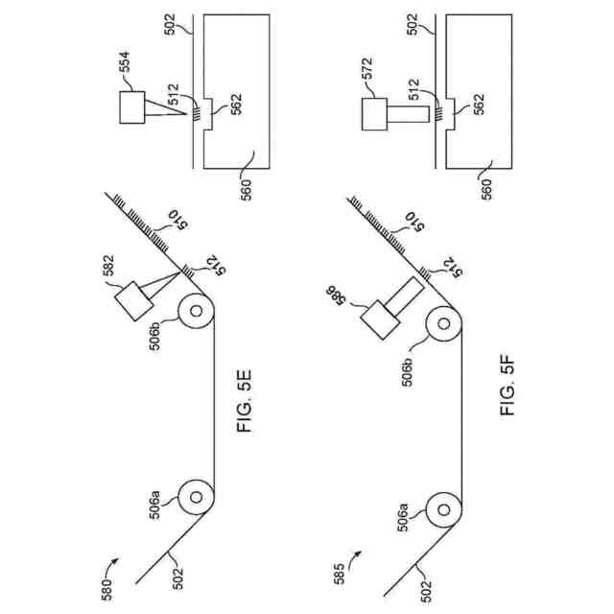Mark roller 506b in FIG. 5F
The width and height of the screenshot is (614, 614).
tap(443, 325)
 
